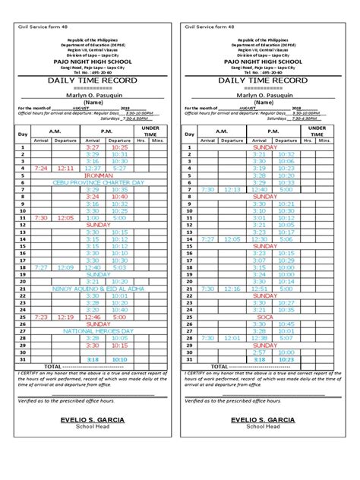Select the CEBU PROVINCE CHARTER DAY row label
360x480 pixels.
point(98,182)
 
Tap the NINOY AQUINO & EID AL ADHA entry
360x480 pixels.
point(98,289)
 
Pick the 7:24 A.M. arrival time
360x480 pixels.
point(40,168)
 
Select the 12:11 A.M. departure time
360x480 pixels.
point(65,168)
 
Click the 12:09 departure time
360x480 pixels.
point(65,267)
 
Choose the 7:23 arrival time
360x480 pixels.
point(40,317)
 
